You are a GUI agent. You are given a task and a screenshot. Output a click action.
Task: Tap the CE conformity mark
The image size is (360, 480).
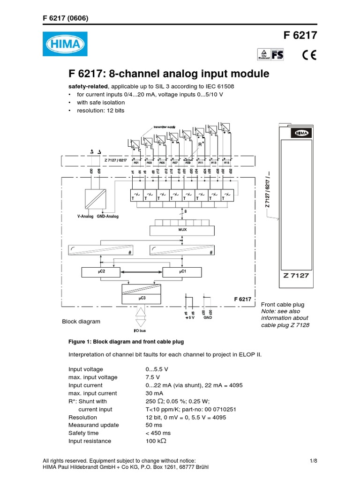click(x=309, y=55)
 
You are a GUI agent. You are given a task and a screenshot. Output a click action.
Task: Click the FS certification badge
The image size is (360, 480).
click(x=278, y=55)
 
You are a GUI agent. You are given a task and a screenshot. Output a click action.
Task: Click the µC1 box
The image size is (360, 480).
click(x=182, y=271)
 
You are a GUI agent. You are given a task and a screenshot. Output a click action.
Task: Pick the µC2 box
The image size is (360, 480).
click(x=101, y=271)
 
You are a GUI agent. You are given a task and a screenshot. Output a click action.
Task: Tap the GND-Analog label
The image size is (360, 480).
click(x=108, y=217)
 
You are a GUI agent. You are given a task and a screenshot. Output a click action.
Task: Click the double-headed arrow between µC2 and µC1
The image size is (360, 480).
click(x=142, y=271)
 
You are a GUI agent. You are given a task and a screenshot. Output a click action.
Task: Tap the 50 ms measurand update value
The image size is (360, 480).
click(x=153, y=425)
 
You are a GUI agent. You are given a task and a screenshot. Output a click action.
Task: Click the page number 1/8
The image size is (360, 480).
click(x=314, y=461)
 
